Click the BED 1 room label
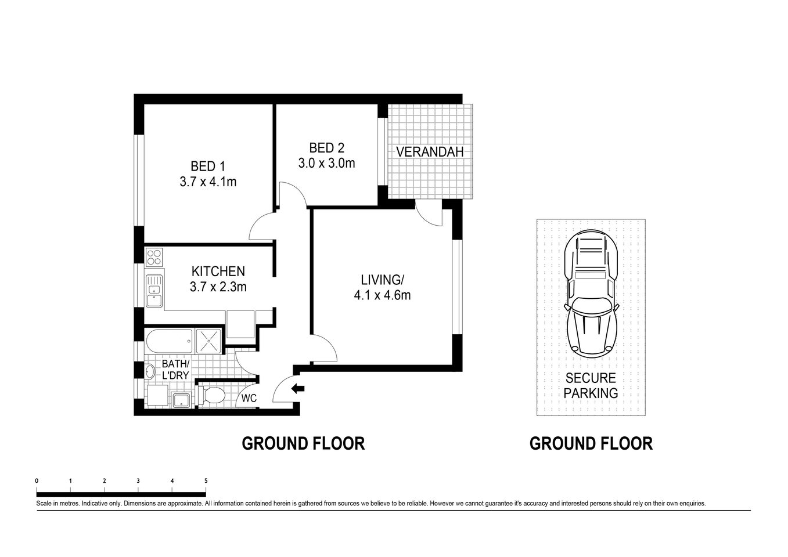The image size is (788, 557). (207, 167)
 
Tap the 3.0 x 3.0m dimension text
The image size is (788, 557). (326, 164)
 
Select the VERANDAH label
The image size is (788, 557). (430, 152)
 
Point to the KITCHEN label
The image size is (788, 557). (218, 271)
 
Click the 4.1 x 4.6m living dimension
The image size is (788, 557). (382, 295)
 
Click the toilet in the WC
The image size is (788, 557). (213, 396)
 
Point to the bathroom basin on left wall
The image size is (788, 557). (149, 372)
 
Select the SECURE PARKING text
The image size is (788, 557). (591, 386)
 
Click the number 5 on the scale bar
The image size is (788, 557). (206, 480)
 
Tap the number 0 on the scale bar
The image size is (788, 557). (37, 480)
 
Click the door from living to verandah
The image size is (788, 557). (429, 212)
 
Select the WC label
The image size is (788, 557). (249, 398)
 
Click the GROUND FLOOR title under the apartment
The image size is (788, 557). (303, 444)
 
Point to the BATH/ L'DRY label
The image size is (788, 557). (175, 370)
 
